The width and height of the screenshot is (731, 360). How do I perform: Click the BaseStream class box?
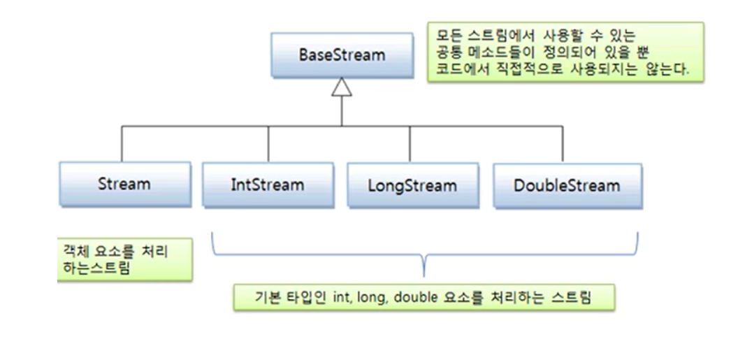[341, 55]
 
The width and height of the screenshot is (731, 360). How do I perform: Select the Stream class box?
[124, 184]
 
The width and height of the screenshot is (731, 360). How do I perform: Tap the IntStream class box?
[267, 185]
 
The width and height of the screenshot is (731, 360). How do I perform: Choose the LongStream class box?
[412, 186]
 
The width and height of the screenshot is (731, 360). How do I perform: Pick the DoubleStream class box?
[566, 185]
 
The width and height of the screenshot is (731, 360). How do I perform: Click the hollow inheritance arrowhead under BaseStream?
[341, 86]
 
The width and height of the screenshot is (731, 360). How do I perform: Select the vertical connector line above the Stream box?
[122, 144]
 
